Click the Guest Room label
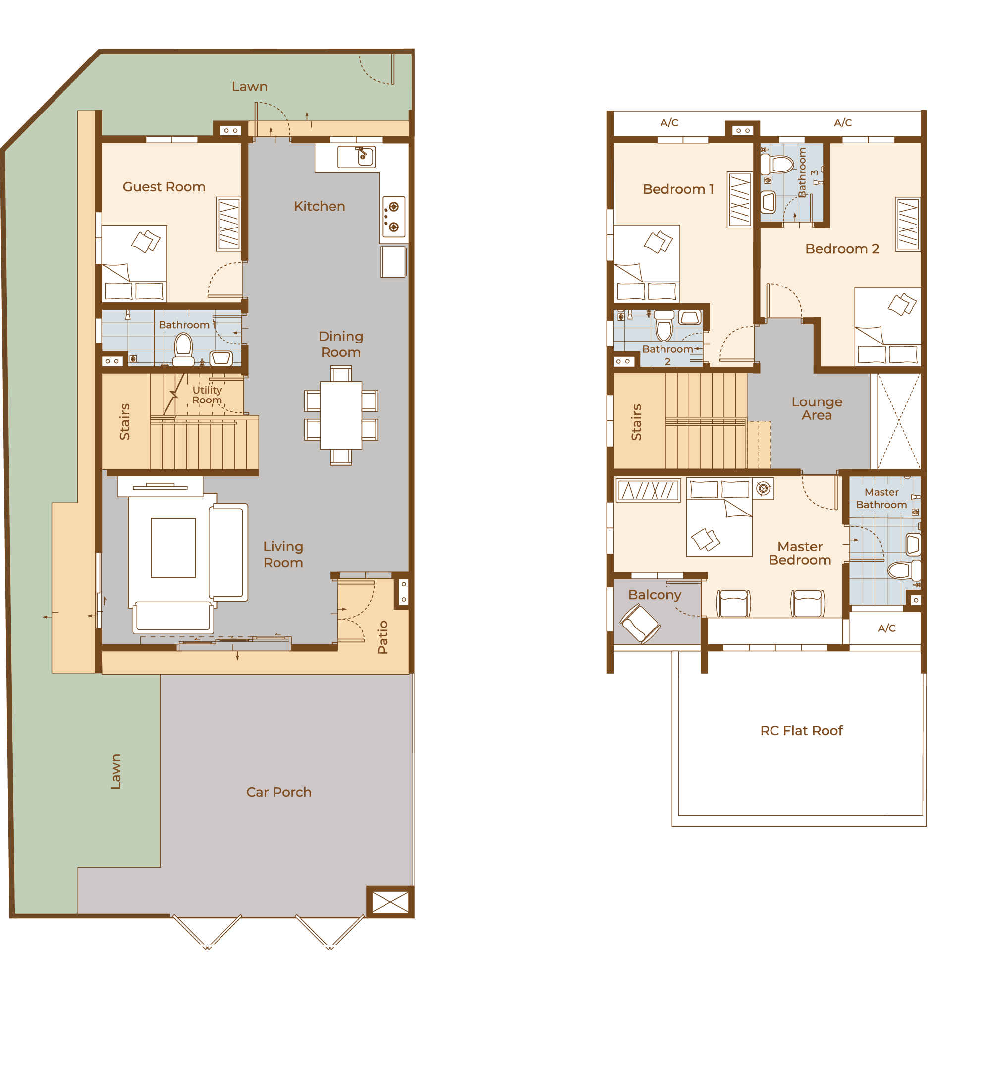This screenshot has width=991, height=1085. pyautogui.click(x=164, y=187)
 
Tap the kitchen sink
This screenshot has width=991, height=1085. pyautogui.click(x=356, y=157)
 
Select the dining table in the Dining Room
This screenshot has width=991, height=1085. pyautogui.click(x=341, y=415)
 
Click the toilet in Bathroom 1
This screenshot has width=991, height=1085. pyautogui.click(x=183, y=349)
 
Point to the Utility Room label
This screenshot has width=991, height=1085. pyautogui.click(x=207, y=395)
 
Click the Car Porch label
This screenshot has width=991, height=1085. pyautogui.click(x=278, y=792)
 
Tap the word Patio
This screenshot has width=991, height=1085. pyautogui.click(x=383, y=637)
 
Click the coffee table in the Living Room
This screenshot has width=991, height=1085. pyautogui.click(x=173, y=548)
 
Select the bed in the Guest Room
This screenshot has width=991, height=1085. pyautogui.click(x=134, y=263)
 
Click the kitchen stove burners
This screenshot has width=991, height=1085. pyautogui.click(x=394, y=216)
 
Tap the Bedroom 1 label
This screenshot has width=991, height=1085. pyautogui.click(x=678, y=189)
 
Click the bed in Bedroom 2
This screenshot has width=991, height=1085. pyautogui.click(x=888, y=327)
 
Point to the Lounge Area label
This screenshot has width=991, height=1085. pyautogui.click(x=817, y=408)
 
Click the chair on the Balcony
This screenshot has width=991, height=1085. pyautogui.click(x=640, y=624)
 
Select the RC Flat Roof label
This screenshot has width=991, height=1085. pyautogui.click(x=801, y=730)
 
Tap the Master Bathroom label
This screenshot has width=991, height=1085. pyautogui.click(x=881, y=498)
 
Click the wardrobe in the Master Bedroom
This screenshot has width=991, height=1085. pyautogui.click(x=648, y=490)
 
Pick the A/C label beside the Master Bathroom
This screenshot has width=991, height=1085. pyautogui.click(x=886, y=628)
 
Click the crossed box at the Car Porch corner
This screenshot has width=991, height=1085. pyautogui.click(x=390, y=902)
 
